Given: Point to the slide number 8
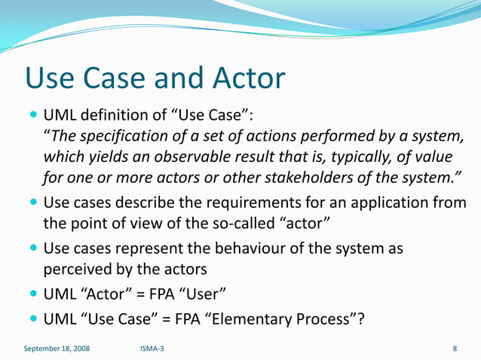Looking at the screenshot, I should [455, 349].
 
